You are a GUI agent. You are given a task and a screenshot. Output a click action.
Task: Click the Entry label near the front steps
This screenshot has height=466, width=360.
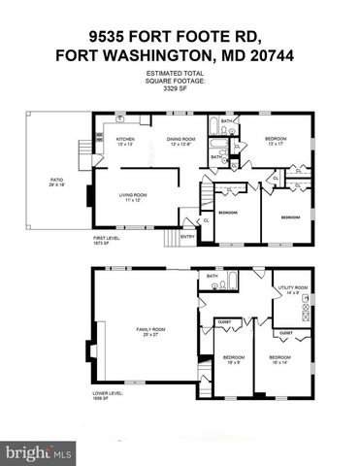click(x=187, y=234)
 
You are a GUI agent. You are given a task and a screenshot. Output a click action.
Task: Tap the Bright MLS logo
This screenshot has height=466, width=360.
click(x=39, y=451)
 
